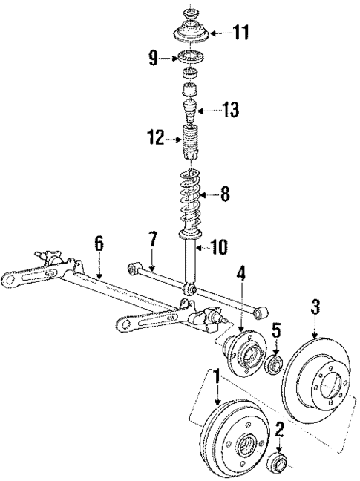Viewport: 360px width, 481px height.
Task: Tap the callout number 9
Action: click(153, 57)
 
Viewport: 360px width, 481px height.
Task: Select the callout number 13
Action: click(231, 112)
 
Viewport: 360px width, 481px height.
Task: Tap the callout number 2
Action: click(281, 428)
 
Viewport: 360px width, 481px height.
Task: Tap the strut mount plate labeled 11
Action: click(192, 33)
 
